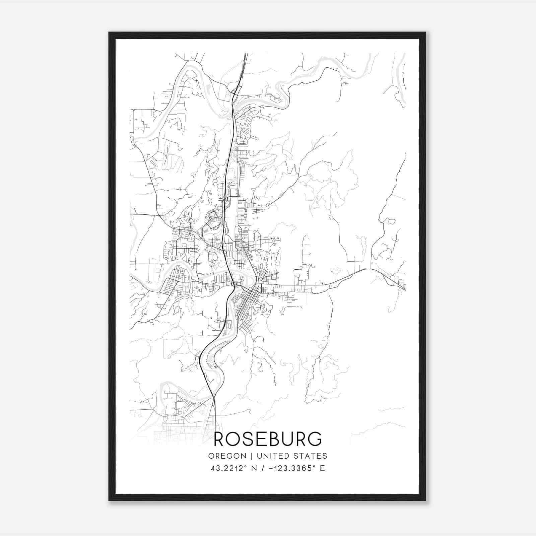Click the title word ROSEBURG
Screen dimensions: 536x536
[x=268, y=439]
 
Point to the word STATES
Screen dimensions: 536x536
[x=310, y=456]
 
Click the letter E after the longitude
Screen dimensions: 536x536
[x=322, y=468]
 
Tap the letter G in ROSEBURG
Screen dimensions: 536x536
[x=315, y=439]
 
